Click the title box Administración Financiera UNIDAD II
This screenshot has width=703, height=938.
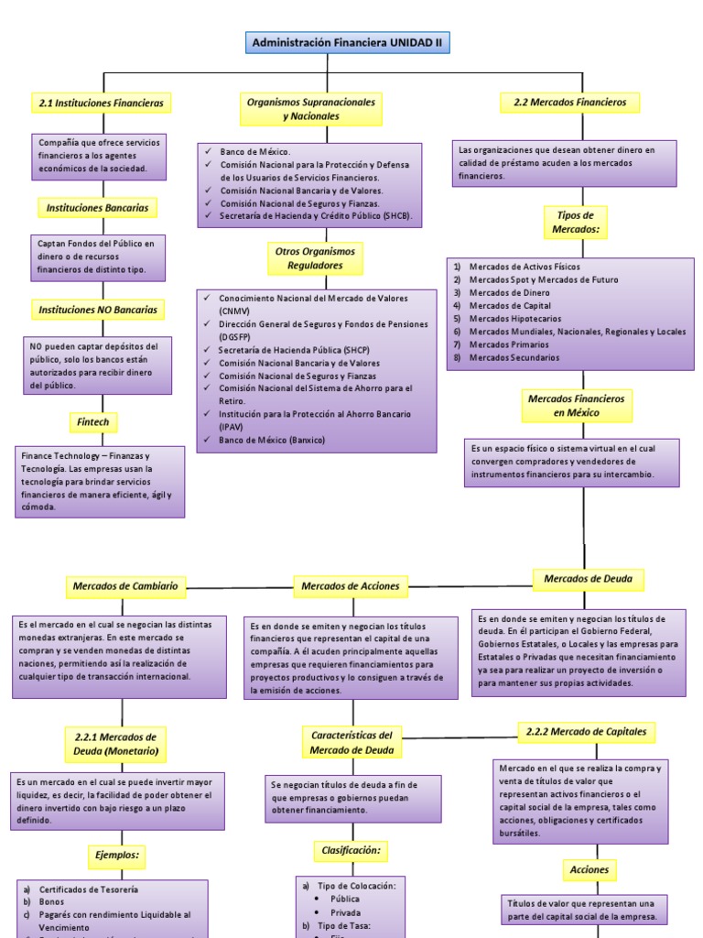click(348, 42)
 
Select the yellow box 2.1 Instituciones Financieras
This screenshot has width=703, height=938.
click(102, 104)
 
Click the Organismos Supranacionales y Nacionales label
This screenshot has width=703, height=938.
click(311, 110)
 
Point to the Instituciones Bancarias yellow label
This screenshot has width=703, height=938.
click(97, 208)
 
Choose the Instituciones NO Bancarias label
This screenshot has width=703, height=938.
click(98, 310)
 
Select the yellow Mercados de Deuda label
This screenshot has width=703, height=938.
click(588, 579)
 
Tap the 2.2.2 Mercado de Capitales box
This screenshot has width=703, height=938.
click(587, 731)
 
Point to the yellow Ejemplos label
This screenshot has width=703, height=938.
click(117, 855)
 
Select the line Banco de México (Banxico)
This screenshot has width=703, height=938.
click(272, 440)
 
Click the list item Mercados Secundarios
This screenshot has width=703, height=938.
click(514, 358)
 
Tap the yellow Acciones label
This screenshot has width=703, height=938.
click(589, 869)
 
